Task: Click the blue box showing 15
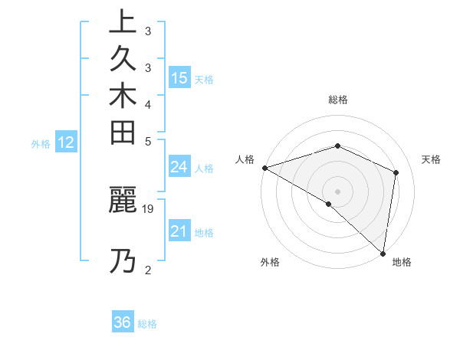pyautogui.click(x=179, y=77)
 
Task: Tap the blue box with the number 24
pyautogui.click(x=179, y=167)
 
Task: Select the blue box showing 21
pyautogui.click(x=179, y=231)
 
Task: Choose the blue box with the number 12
pyautogui.click(x=66, y=142)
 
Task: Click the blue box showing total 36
pyautogui.click(x=123, y=322)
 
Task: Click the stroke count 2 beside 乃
pyautogui.click(x=148, y=269)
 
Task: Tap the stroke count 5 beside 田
pyautogui.click(x=148, y=141)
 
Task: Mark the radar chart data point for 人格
pyautogui.click(x=264, y=168)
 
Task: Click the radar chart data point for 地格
pyautogui.click(x=383, y=252)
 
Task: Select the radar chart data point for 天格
pyautogui.click(x=396, y=172)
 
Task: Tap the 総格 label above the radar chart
pyautogui.click(x=337, y=100)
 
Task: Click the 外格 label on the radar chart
pyautogui.click(x=270, y=263)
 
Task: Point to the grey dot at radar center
pyautogui.click(x=337, y=191)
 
